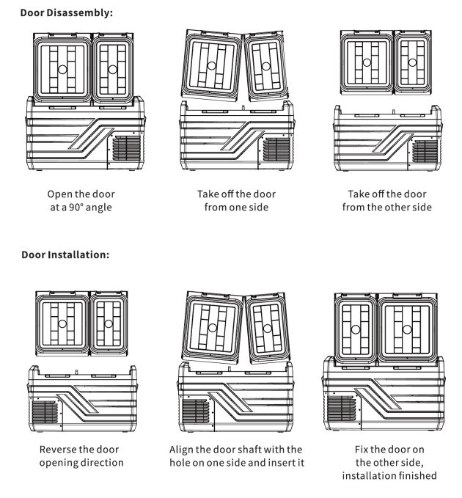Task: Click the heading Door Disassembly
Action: (x=67, y=13)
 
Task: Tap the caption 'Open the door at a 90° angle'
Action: (x=81, y=200)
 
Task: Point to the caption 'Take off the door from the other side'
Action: (x=386, y=200)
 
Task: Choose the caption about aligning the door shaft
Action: (x=236, y=455)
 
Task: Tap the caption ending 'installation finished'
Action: (x=389, y=462)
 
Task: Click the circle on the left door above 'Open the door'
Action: (x=62, y=70)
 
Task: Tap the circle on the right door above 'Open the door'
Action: (x=112, y=70)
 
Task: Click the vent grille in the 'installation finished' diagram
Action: (x=341, y=408)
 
